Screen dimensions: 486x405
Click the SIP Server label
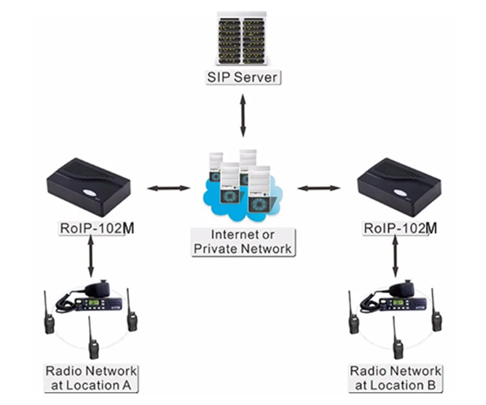244,77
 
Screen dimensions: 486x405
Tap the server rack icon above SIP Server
242,38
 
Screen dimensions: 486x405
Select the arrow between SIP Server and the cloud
244,115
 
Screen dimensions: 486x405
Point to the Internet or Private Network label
243,242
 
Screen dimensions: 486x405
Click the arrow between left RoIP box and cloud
168,188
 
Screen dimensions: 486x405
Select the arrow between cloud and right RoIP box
318,188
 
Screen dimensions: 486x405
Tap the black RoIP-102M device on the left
89,187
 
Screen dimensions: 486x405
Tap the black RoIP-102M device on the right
399,187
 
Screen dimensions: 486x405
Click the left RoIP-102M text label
97,228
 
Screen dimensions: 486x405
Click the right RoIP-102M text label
400,228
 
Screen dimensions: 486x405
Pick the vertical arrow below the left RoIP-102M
91,256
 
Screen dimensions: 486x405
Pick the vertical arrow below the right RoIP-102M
395,256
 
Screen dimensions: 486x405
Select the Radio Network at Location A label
91,378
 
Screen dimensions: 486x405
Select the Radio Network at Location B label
395,378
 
